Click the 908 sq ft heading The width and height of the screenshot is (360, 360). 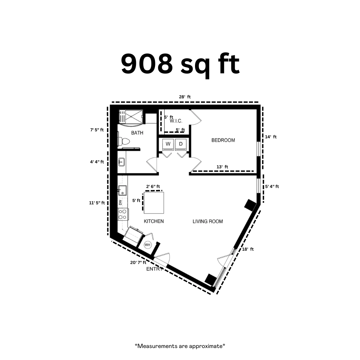[180, 65]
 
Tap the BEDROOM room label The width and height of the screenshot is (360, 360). [223, 140]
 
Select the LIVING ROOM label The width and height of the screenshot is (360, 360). [208, 221]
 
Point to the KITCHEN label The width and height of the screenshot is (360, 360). [154, 221]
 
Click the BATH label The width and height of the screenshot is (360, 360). [137, 133]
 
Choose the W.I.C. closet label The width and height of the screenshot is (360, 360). [176, 121]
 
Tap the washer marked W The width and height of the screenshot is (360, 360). [168, 144]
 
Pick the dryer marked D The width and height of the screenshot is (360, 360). [181, 144]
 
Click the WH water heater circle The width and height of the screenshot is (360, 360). [147, 245]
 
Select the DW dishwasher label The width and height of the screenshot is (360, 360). [120, 202]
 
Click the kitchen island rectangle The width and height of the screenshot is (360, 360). [154, 203]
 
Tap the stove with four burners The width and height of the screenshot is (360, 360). [123, 214]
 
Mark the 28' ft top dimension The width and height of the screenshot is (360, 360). [185, 97]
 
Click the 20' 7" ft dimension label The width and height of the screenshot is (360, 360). [138, 262]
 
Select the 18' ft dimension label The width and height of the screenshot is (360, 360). [248, 249]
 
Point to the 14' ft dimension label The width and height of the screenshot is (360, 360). [271, 137]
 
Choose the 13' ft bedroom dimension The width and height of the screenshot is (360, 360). [222, 167]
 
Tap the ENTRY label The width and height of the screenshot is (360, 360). [155, 269]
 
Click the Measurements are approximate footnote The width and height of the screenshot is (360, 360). [180, 346]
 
